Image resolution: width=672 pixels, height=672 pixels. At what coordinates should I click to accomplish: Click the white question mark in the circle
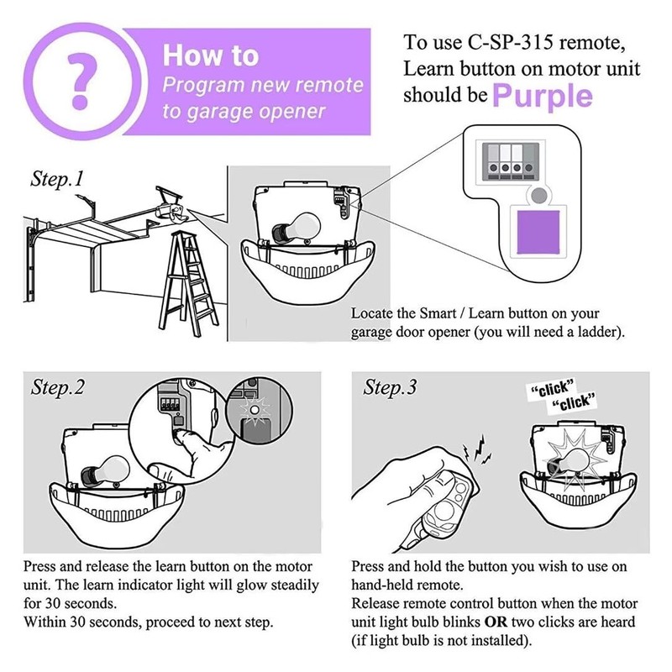click(81, 81)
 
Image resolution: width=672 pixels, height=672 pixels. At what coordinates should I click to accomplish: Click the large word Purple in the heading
click(543, 97)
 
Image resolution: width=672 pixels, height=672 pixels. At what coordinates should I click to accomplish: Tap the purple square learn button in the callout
click(538, 232)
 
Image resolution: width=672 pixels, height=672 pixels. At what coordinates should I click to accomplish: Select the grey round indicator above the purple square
click(538, 196)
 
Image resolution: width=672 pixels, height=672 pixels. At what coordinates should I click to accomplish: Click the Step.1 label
click(57, 179)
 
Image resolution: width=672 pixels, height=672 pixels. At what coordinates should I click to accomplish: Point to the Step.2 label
click(57, 387)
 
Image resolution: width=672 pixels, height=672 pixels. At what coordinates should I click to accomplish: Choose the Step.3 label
click(390, 387)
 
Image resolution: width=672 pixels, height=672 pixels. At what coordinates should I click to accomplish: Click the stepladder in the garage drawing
click(187, 283)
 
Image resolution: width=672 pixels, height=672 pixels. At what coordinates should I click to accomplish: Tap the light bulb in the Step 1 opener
click(297, 228)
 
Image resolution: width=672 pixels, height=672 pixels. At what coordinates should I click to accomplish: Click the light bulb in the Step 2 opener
click(106, 471)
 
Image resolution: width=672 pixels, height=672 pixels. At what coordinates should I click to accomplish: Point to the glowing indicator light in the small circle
click(255, 410)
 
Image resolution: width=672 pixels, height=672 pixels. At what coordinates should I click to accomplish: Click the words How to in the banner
click(211, 55)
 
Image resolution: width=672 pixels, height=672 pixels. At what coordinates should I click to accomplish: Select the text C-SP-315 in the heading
click(510, 43)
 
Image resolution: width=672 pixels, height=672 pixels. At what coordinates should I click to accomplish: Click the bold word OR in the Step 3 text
click(496, 622)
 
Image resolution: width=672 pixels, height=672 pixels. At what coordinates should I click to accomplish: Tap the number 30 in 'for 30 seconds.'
click(53, 603)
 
